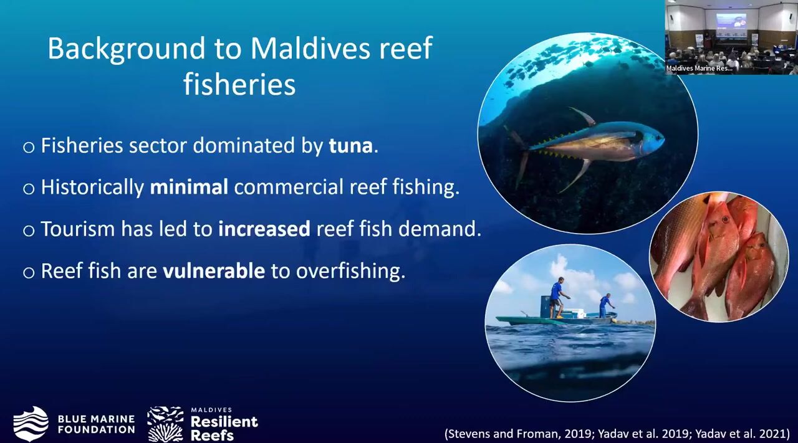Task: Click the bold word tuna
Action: (x=350, y=146)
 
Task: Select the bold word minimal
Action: (x=189, y=187)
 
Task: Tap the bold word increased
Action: (x=264, y=229)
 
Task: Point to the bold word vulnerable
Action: (x=214, y=270)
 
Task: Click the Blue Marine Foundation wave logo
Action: (x=31, y=424)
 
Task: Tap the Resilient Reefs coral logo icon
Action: (x=165, y=424)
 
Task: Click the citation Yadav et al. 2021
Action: (x=742, y=434)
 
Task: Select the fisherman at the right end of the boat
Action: (x=605, y=305)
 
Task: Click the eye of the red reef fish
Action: (x=724, y=219)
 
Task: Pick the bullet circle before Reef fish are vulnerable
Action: (x=29, y=273)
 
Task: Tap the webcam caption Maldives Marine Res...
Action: (x=699, y=68)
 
